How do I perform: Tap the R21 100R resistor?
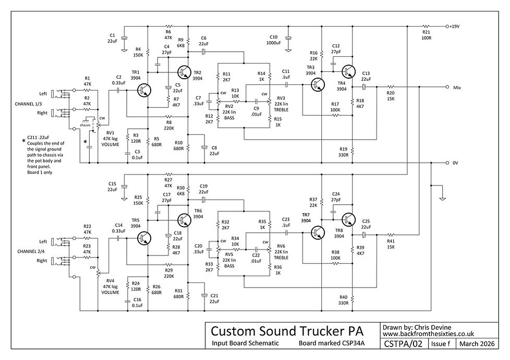click(x=427, y=26)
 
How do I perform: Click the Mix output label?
click(x=457, y=87)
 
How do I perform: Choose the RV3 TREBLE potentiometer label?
click(x=282, y=105)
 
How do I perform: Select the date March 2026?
click(x=476, y=344)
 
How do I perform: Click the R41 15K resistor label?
click(x=390, y=244)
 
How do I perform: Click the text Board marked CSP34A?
click(x=331, y=344)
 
